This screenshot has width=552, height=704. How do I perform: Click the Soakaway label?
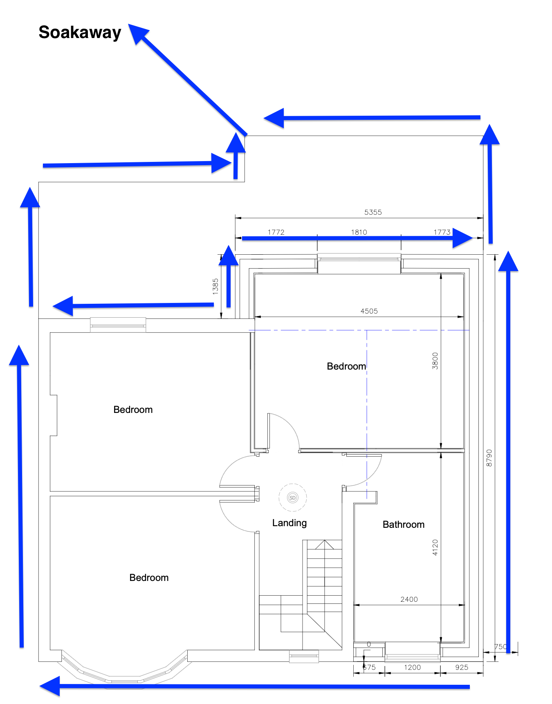(x=80, y=32)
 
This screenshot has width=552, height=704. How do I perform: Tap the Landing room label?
(x=289, y=523)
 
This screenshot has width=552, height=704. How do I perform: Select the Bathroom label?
(x=403, y=525)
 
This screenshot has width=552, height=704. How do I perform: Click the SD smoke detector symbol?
(x=292, y=498)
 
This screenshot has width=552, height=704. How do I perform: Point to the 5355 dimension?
(x=373, y=212)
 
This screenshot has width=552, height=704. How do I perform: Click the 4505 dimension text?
(x=369, y=311)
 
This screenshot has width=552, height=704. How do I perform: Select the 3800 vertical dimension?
(x=435, y=361)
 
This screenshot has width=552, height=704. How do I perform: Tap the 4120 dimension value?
(x=435, y=547)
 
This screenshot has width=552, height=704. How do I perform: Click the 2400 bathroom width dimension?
(x=409, y=599)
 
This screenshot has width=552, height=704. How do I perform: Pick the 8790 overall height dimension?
(x=489, y=458)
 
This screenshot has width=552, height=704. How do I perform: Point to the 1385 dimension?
(x=215, y=286)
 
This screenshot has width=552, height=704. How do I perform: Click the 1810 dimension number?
(x=359, y=232)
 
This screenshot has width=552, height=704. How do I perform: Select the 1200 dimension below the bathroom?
(x=412, y=668)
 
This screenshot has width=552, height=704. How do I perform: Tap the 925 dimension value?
(x=462, y=668)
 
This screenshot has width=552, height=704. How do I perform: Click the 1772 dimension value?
(x=276, y=232)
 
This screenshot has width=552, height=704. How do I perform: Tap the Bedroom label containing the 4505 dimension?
(x=346, y=366)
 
